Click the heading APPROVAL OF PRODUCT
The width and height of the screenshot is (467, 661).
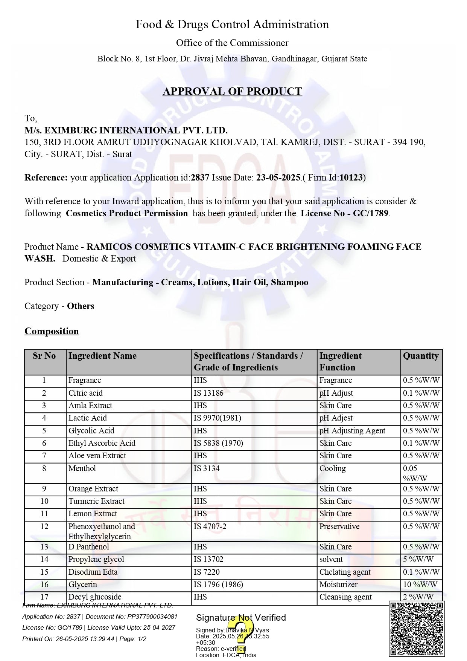[232, 92]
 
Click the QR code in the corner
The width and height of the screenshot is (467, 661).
[417, 629]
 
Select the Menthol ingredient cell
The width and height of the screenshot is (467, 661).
[82, 468]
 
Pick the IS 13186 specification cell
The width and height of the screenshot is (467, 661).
[208, 393]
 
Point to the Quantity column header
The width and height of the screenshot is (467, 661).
[421, 356]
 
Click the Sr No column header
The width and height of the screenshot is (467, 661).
[44, 356]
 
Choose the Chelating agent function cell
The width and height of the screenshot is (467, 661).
[345, 572]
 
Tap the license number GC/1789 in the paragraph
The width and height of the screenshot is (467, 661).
[370, 213]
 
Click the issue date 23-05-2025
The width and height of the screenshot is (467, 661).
[278, 177]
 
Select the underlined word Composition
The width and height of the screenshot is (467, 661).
[52, 331]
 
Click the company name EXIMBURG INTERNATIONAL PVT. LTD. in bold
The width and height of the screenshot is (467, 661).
[126, 130]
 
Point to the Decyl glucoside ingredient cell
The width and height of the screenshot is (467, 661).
[95, 597]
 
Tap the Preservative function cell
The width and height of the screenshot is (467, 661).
[339, 526]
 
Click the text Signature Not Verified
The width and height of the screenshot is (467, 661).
[241, 618]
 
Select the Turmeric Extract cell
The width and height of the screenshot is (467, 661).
[96, 501]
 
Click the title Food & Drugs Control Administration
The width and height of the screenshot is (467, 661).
[232, 24]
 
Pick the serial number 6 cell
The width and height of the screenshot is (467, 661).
[44, 443]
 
